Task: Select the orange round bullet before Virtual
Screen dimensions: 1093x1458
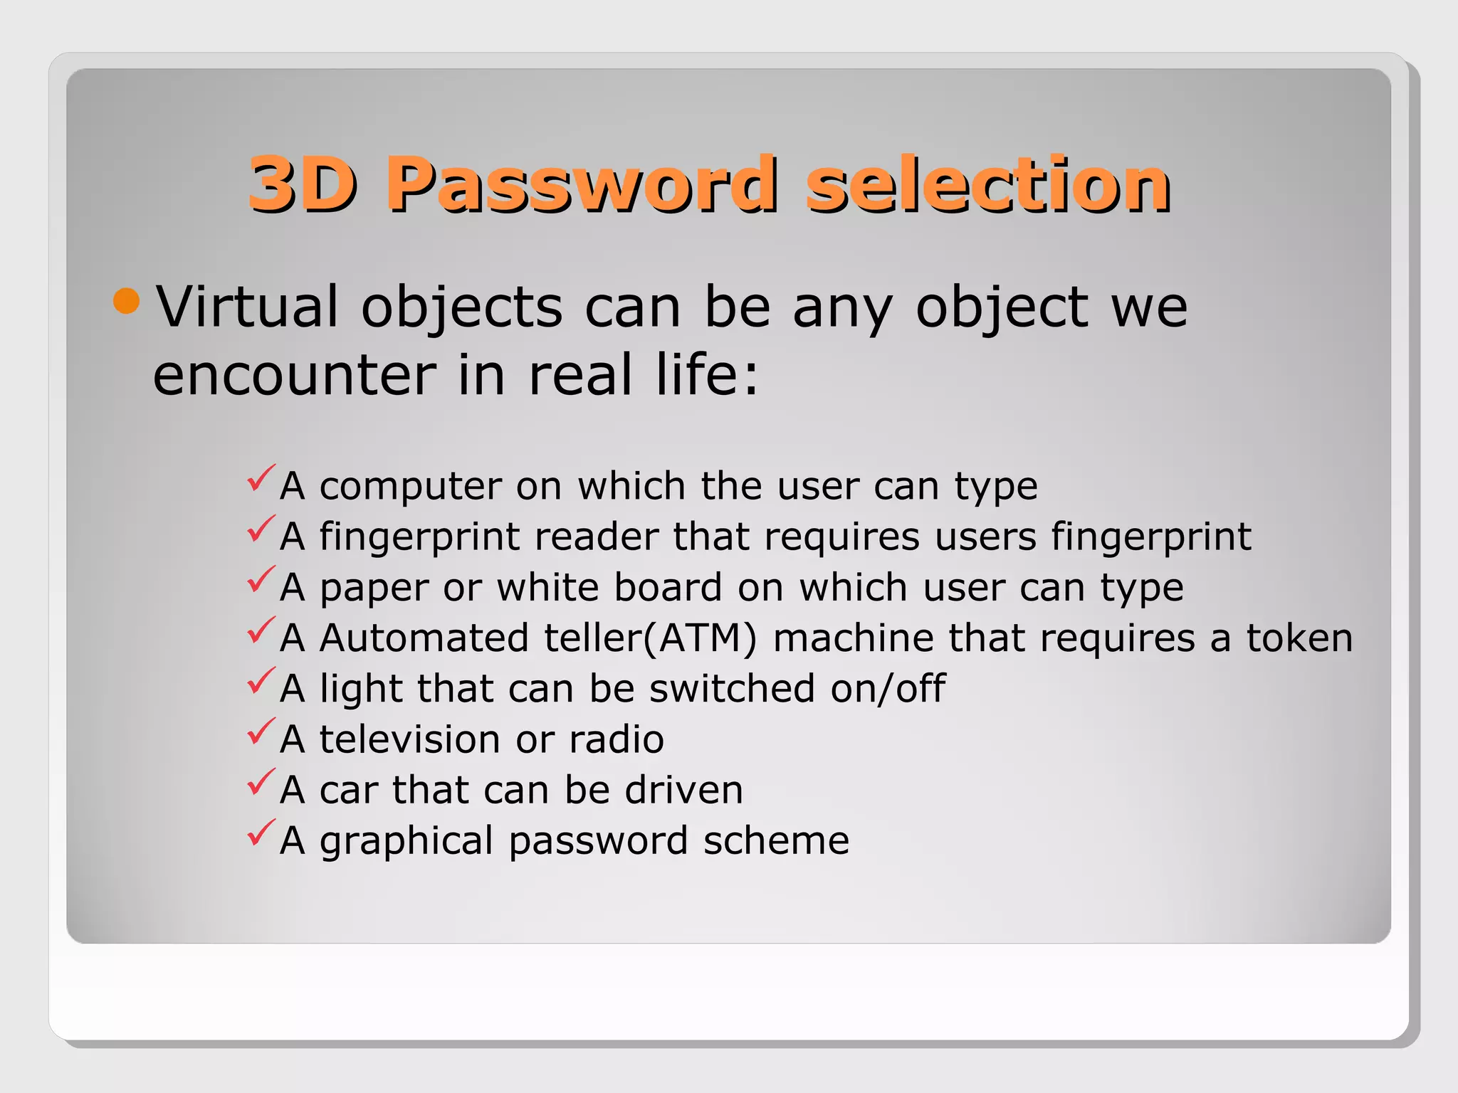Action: [x=127, y=301]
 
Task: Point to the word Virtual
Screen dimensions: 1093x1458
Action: [x=247, y=307]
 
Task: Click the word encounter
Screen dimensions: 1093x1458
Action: [x=295, y=375]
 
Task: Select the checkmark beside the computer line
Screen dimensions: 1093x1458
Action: [x=261, y=478]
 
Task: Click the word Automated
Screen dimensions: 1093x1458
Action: [x=424, y=638]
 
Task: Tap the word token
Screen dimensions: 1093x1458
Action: [x=1299, y=638]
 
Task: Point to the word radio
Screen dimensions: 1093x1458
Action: [x=617, y=739]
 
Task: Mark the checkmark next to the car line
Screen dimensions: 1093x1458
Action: [x=261, y=782]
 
